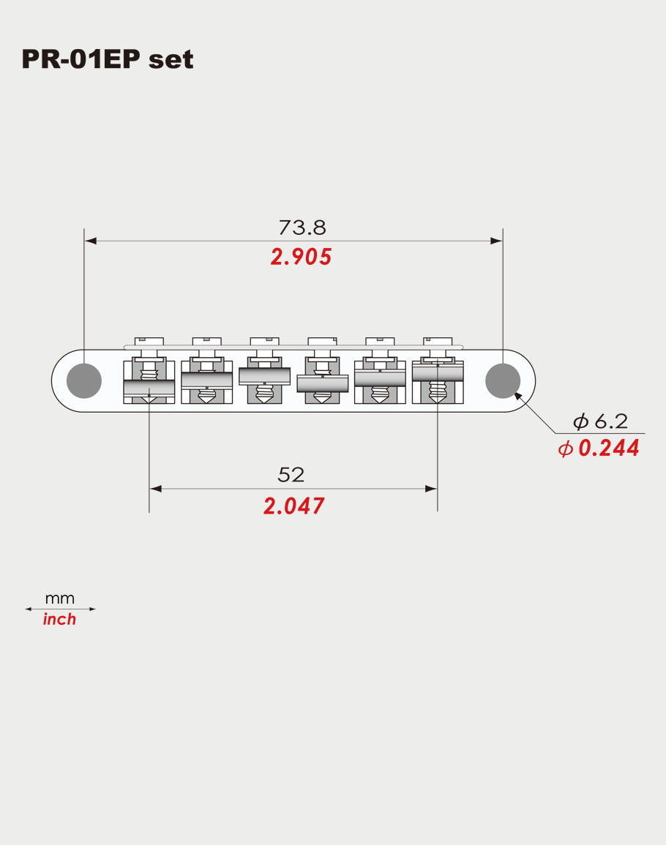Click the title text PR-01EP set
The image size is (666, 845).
pos(108,59)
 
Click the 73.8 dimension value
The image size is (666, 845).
pos(302,228)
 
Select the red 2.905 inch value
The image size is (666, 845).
pos(301,257)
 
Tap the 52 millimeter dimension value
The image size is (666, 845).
pos(291,475)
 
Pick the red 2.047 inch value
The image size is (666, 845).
pos(293,506)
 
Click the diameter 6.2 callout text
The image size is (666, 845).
pos(600,421)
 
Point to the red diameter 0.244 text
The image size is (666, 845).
pos(599,448)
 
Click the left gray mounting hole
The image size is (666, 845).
pos(83,380)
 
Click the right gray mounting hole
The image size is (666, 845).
pos(503,380)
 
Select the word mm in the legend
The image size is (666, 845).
pos(59,598)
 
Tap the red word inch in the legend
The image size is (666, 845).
pos(59,620)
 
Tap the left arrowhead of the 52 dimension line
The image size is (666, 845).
pos(154,489)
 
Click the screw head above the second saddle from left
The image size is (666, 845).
pos(206,341)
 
